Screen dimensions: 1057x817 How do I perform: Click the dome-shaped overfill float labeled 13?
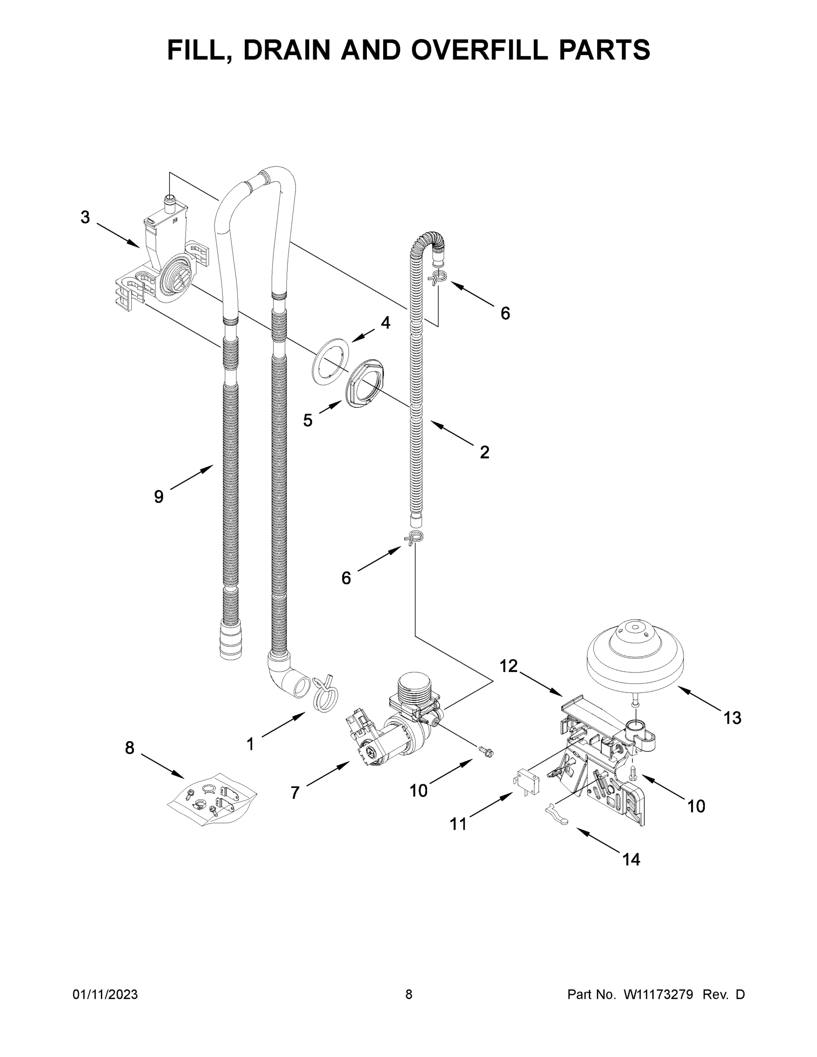click(x=635, y=654)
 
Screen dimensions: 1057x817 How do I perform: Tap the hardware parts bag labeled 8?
click(x=211, y=799)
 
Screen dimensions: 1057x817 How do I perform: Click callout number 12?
click(x=508, y=666)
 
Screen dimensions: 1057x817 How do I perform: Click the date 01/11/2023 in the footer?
click(x=105, y=994)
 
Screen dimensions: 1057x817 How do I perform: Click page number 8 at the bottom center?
click(x=409, y=994)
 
